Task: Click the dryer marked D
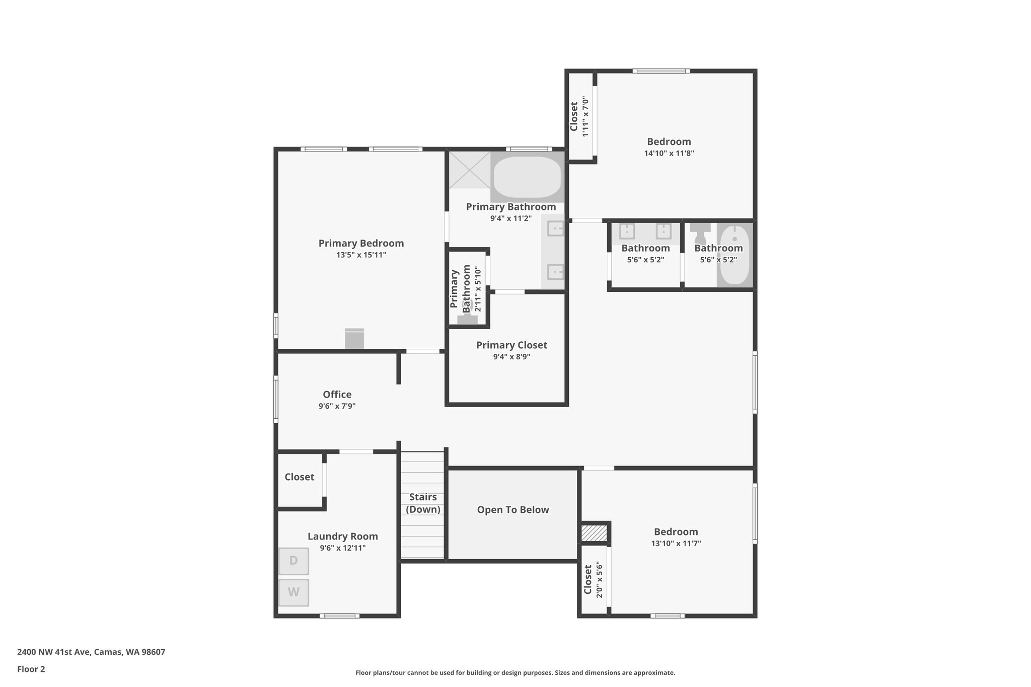[293, 561]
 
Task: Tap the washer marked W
[293, 592]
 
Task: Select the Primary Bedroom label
[361, 243]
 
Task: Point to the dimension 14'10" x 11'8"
[669, 154]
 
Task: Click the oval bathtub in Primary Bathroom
[527, 177]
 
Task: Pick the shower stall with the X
[469, 170]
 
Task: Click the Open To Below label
[512, 510]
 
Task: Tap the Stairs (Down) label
[423, 503]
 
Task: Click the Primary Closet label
[511, 345]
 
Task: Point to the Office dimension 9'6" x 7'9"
[337, 406]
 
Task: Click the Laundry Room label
[342, 536]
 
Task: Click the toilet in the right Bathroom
[700, 233]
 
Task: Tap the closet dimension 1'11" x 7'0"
[585, 116]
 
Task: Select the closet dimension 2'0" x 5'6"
[599, 580]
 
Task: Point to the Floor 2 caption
[31, 669]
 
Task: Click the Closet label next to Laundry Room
[299, 477]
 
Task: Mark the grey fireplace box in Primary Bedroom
[354, 338]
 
